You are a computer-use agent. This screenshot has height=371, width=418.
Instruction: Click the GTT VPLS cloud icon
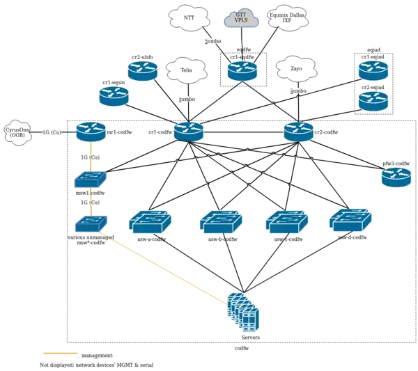tap(242, 18)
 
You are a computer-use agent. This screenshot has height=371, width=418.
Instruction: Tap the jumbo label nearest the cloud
tap(213, 41)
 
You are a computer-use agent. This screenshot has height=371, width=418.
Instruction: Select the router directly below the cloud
tap(242, 71)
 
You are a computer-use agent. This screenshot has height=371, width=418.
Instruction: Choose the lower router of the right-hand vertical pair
tap(373, 100)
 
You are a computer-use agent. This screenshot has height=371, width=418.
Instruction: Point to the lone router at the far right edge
tap(396, 177)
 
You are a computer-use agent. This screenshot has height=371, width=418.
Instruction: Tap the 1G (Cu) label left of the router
tap(52, 132)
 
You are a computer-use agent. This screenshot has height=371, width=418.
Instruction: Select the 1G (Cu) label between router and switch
tap(90, 157)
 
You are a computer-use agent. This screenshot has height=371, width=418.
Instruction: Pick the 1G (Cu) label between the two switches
tap(90, 202)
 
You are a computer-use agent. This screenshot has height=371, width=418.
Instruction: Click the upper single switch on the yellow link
tap(90, 180)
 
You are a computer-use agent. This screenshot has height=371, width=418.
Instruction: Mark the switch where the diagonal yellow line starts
tap(91, 223)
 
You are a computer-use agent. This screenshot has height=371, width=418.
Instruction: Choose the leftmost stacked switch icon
tap(150, 221)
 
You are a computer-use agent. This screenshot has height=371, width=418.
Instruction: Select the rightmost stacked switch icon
tap(350, 220)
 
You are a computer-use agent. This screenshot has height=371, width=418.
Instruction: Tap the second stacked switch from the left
tap(221, 222)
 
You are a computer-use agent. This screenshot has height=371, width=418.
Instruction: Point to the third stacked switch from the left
tap(286, 222)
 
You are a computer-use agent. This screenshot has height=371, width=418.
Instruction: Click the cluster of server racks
tap(244, 311)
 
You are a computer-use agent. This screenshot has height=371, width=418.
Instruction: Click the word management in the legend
tap(97, 355)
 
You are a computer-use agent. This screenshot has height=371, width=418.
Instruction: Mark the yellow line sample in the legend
tap(59, 354)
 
